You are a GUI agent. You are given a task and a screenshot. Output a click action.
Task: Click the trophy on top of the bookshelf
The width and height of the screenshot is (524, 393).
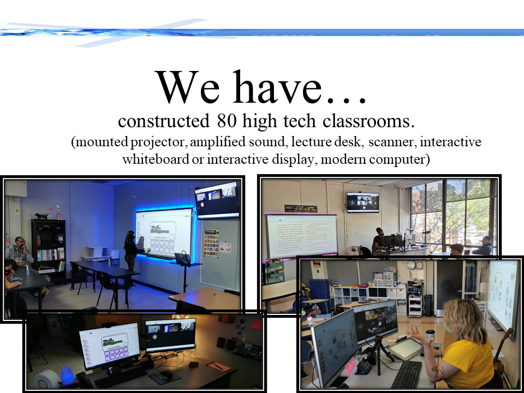pos(58,212)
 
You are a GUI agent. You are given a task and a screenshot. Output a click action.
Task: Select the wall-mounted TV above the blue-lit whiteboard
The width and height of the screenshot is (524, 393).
pos(217,199)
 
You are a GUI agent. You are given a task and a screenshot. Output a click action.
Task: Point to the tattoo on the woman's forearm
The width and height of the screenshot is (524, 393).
pos(439,372)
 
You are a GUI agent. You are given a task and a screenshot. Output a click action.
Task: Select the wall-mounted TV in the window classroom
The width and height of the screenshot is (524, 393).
pos(362,202)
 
